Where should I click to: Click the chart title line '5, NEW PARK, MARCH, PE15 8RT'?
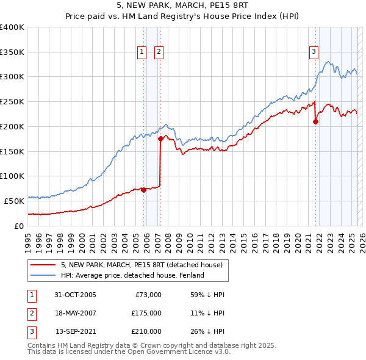[182, 5]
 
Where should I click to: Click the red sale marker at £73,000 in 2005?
[144, 190]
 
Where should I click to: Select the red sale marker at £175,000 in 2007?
[160, 139]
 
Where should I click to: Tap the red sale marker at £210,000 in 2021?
[316, 121]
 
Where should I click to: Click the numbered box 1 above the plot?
[142, 52]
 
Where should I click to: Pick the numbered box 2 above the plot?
[158, 52]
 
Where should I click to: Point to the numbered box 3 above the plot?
[314, 52]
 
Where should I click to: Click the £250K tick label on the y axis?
[12, 101]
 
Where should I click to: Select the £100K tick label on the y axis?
[12, 176]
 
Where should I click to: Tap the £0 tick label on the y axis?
[19, 226]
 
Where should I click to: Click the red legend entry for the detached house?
[145, 265]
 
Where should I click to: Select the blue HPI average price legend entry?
[132, 276]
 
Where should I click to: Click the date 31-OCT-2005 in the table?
[75, 295]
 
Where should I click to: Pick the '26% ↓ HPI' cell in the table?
[207, 331]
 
